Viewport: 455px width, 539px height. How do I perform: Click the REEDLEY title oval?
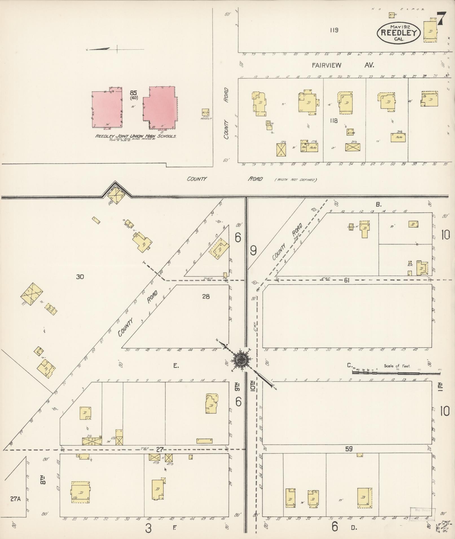[399, 32]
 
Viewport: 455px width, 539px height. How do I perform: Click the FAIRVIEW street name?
[326, 65]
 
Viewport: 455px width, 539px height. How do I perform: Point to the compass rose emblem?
[242, 360]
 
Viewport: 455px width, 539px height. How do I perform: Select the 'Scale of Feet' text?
[397, 366]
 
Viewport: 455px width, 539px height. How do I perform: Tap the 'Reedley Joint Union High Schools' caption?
[136, 136]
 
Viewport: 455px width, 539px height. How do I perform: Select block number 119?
[334, 30]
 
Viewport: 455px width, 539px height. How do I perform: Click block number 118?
[333, 121]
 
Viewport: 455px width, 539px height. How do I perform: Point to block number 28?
[206, 296]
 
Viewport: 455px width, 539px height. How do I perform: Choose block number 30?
[80, 277]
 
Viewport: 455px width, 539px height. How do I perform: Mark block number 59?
[349, 449]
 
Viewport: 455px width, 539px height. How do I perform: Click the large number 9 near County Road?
[253, 250]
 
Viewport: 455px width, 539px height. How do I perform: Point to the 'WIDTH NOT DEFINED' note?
[296, 180]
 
